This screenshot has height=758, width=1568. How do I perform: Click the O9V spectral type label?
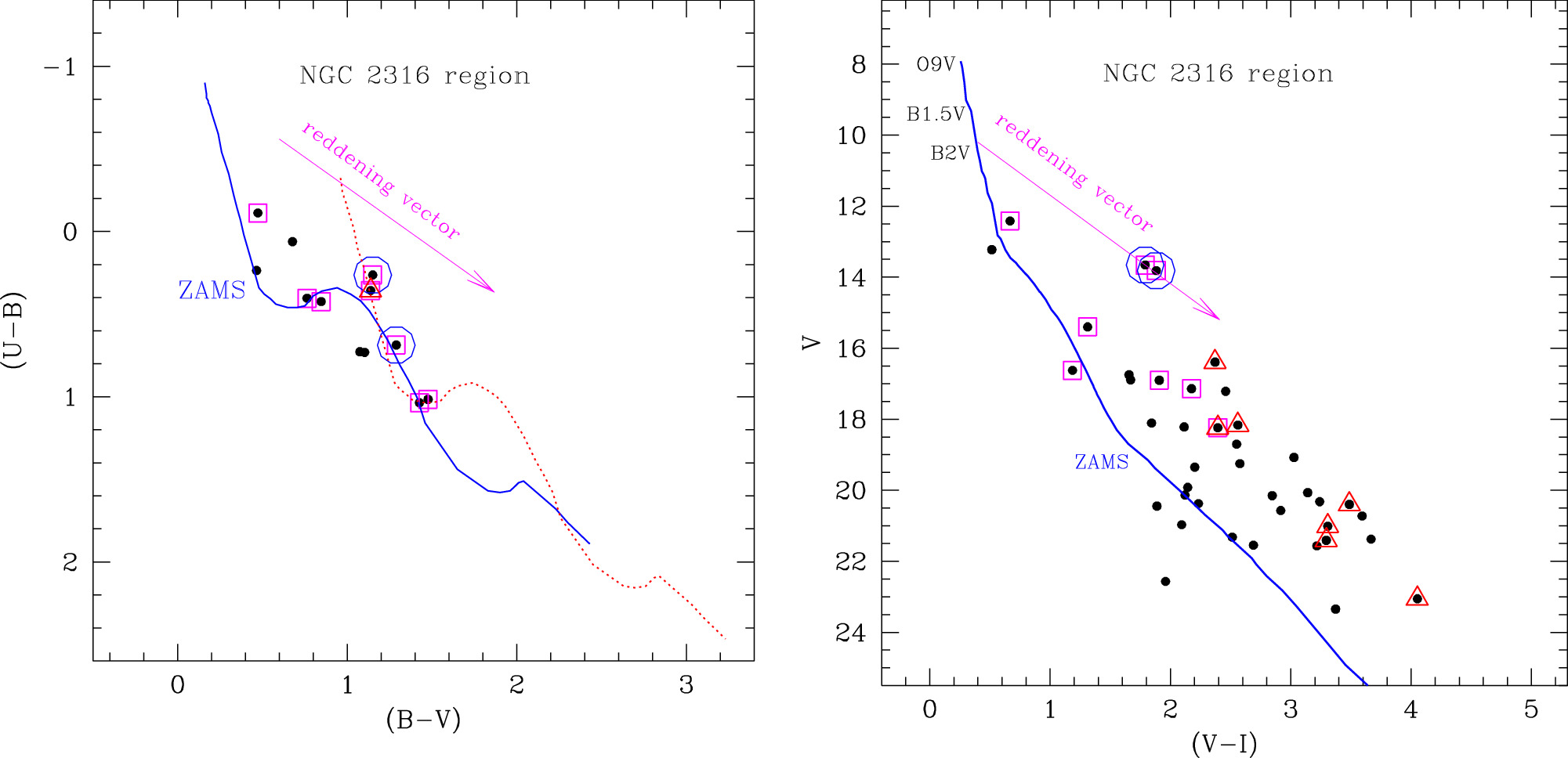click(x=936, y=64)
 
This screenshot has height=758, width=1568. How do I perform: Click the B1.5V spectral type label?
click(x=936, y=114)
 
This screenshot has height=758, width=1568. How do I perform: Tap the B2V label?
click(x=950, y=153)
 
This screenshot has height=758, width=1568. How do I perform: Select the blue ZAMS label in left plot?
click(x=212, y=291)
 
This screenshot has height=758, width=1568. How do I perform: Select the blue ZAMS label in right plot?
click(x=1101, y=462)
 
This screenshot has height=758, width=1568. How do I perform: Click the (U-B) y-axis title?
click(x=14, y=330)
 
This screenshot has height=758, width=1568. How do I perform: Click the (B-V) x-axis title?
click(x=423, y=720)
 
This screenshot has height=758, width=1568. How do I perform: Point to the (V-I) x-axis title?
click(x=1224, y=743)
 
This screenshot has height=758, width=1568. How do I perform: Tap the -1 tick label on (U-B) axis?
click(x=60, y=67)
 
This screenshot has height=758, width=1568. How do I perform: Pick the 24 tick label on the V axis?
click(x=851, y=633)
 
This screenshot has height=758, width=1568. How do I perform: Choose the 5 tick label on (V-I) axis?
click(x=1530, y=710)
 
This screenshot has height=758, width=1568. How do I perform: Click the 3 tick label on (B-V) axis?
click(x=686, y=685)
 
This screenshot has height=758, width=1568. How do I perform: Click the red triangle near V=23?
click(x=1416, y=597)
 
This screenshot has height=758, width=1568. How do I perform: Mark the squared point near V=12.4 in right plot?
click(x=1009, y=221)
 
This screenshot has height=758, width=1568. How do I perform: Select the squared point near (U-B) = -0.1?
click(x=258, y=213)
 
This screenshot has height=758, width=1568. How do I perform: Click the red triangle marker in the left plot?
click(x=371, y=290)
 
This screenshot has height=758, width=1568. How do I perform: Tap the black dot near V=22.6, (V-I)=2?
click(x=1165, y=581)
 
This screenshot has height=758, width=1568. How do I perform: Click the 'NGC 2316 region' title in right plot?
click(x=1218, y=74)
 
